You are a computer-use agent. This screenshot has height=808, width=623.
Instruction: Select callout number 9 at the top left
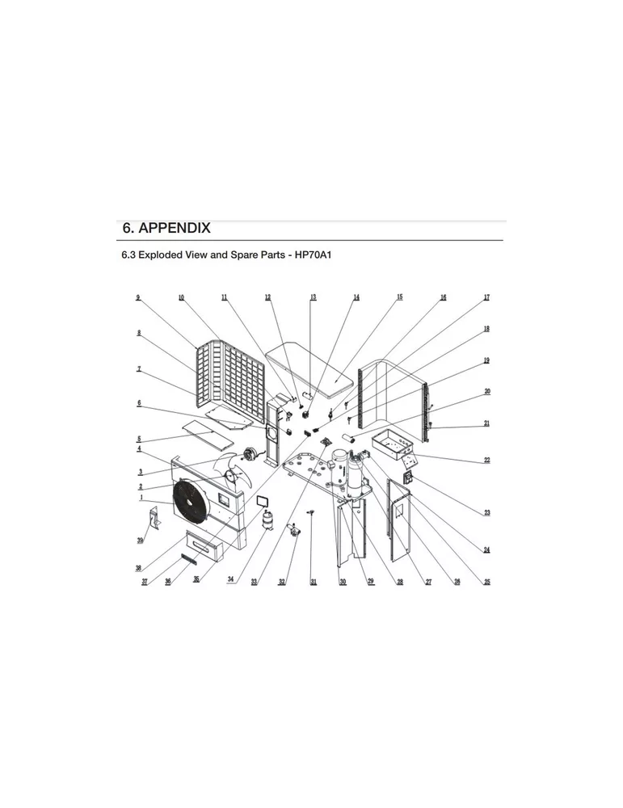coord(138,298)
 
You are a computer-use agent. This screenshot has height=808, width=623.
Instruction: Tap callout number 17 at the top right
coord(486,298)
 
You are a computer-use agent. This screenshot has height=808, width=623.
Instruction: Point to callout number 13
coord(313,298)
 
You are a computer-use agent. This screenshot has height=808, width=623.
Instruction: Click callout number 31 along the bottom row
coord(313,582)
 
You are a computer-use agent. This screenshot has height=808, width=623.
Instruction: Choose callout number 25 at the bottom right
coord(486,582)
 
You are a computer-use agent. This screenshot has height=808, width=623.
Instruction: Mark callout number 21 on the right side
coord(486,423)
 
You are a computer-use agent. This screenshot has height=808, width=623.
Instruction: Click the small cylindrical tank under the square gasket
coord(267,521)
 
